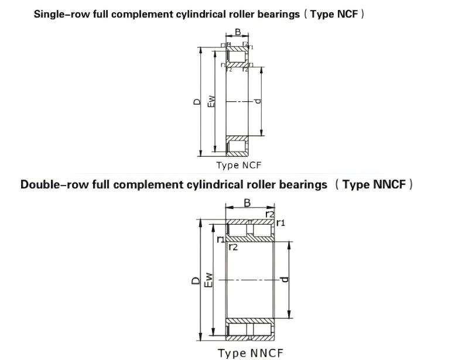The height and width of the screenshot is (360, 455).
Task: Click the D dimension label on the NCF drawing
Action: (197, 102)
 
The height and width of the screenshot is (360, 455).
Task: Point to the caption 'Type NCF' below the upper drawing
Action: (238, 165)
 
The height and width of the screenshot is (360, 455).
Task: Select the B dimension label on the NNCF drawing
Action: (247, 203)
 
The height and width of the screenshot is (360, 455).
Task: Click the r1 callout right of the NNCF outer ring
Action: (280, 223)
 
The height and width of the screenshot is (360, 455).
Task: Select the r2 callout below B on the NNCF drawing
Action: (270, 214)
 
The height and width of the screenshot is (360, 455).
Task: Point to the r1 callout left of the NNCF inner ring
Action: (221, 239)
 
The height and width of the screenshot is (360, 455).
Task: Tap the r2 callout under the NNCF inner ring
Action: (233, 248)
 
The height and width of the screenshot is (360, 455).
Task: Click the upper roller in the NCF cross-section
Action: (237, 57)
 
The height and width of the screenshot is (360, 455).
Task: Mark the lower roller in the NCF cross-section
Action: (237, 146)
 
